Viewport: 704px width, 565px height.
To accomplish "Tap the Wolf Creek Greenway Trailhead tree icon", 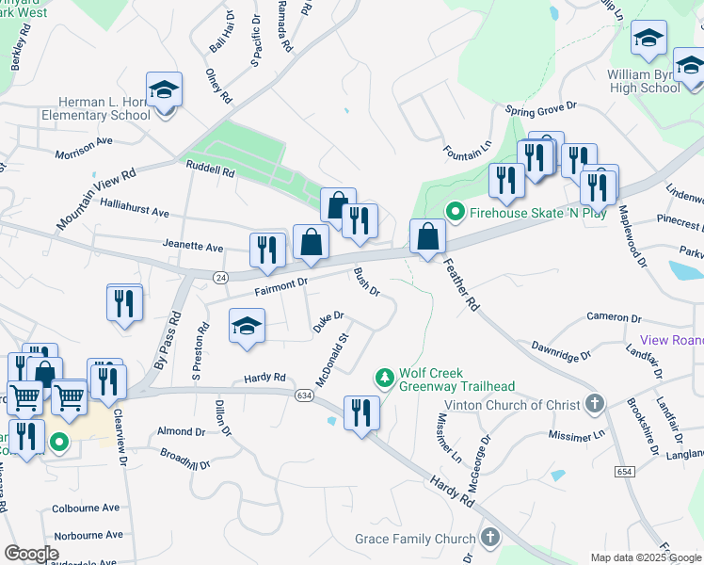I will point(384,379).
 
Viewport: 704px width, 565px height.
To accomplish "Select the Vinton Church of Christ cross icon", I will point(594,404).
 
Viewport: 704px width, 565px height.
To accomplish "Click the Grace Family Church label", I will point(415,539).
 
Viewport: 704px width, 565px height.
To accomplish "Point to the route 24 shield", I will point(220,277).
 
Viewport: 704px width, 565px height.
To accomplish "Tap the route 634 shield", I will point(303,395).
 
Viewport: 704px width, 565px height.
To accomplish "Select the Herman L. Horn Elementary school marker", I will point(165,91).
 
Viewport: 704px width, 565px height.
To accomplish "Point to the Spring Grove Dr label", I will point(540,109).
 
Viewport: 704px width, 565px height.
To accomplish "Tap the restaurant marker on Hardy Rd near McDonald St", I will point(361,412).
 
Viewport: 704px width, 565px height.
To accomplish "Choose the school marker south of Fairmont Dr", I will point(247,327).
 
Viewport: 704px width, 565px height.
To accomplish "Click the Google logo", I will point(31,554).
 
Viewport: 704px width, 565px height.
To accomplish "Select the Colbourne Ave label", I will point(86,508).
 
